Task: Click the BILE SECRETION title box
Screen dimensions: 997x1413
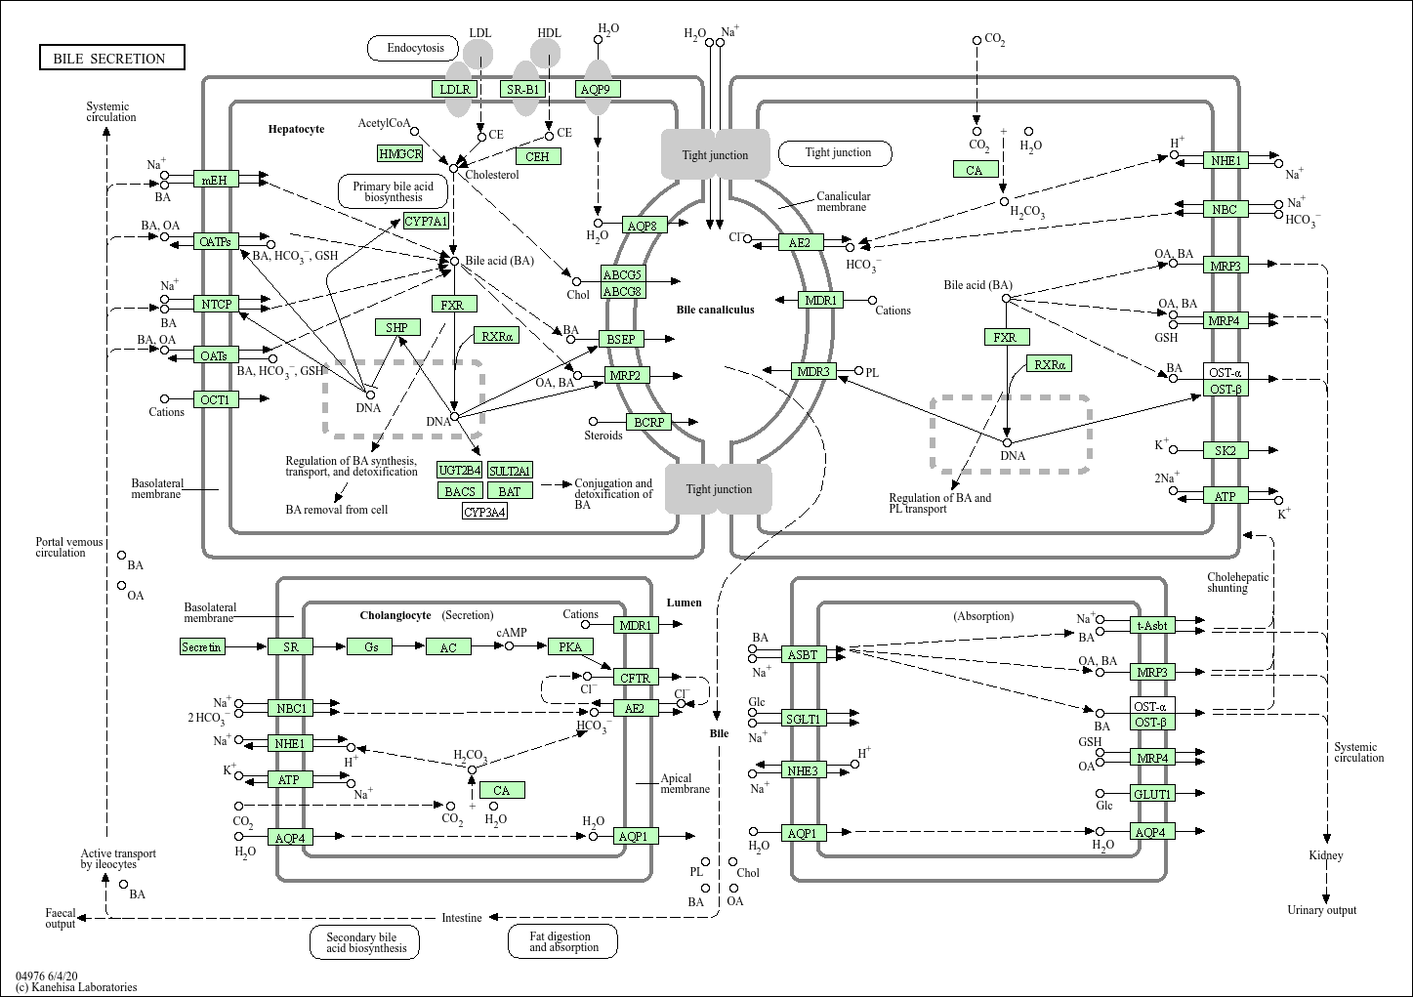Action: point(111,58)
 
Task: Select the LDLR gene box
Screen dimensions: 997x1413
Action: point(455,89)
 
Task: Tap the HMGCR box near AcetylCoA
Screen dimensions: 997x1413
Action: point(400,153)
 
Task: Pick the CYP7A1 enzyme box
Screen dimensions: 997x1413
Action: point(426,222)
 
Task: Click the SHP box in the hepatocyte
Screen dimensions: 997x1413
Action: point(396,327)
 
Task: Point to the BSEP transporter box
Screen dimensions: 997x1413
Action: point(621,339)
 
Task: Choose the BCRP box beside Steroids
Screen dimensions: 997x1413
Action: point(648,422)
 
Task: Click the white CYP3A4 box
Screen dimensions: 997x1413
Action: point(484,512)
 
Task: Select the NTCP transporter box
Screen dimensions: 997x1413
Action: point(216,304)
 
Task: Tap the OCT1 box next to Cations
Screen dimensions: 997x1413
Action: point(216,399)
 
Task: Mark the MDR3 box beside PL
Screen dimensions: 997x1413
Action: point(812,371)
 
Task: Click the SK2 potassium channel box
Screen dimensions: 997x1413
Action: point(1225,450)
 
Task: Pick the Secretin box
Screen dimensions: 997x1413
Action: point(202,646)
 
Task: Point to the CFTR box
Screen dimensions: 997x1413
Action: point(635,677)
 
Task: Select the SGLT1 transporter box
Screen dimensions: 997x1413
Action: point(804,719)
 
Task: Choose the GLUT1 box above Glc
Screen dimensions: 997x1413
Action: point(1151,794)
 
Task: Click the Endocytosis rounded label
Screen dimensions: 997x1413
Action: point(415,48)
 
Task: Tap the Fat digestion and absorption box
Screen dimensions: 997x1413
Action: point(563,941)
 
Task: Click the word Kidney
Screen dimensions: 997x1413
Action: point(1325,855)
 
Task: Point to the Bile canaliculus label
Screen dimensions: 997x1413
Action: point(715,310)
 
